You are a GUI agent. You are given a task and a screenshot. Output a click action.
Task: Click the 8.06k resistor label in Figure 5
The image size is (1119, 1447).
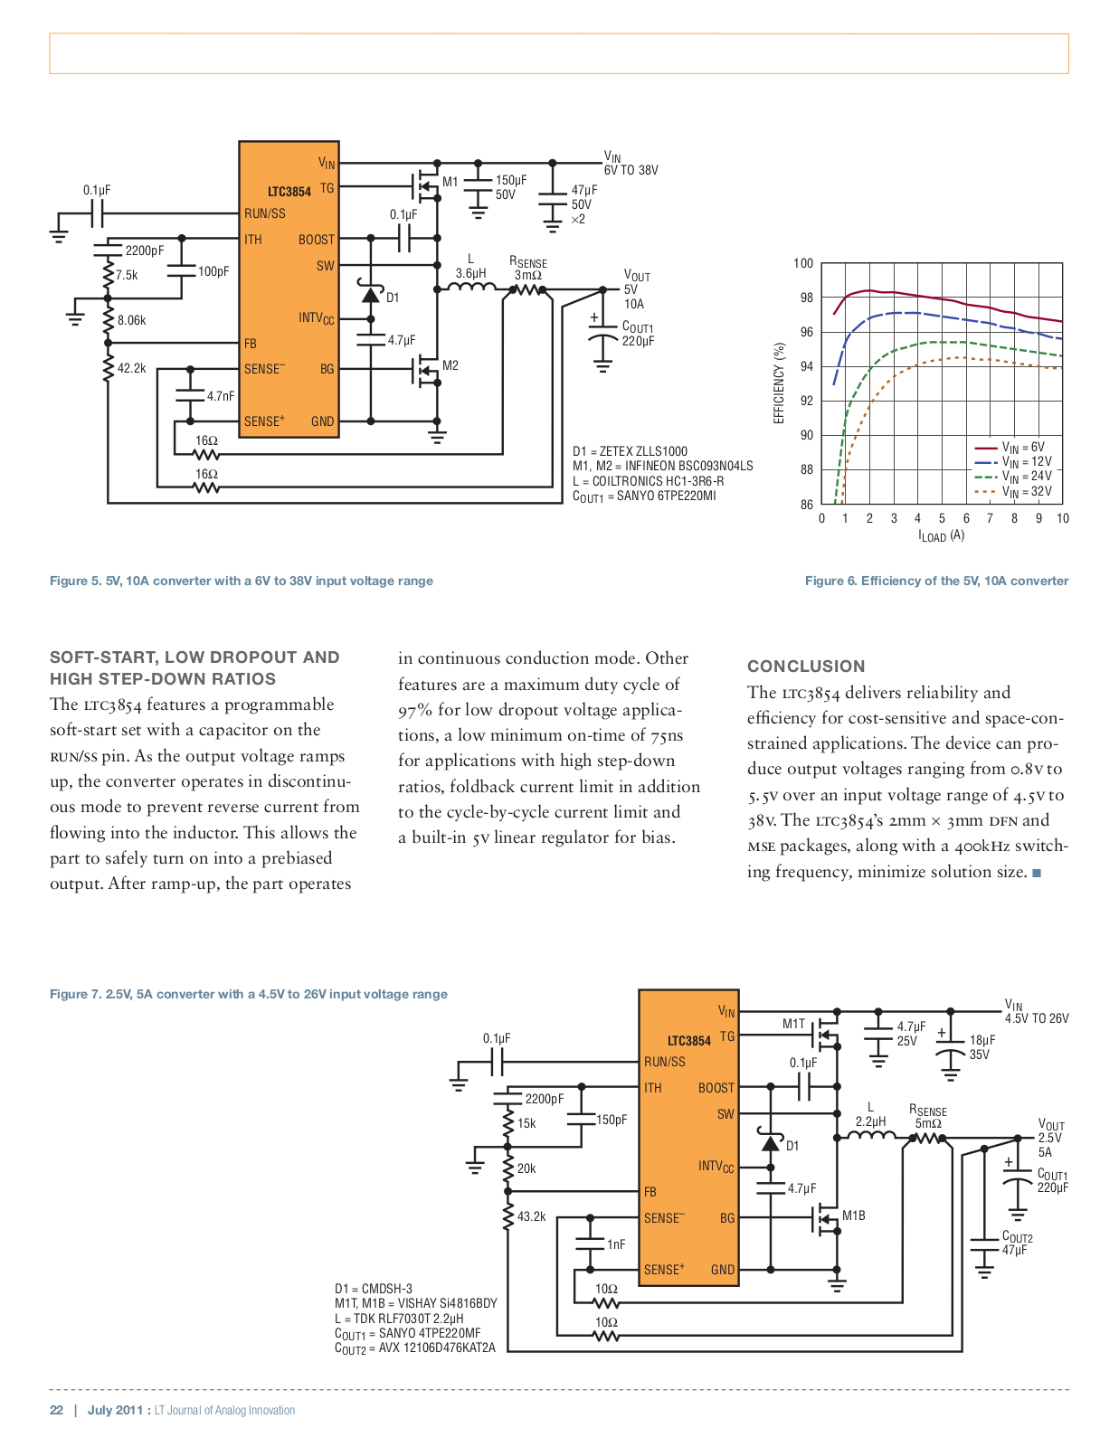(131, 320)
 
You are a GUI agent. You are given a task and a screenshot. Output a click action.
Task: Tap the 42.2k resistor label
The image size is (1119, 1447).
(131, 368)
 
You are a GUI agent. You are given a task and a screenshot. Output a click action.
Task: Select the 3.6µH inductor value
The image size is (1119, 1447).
(470, 273)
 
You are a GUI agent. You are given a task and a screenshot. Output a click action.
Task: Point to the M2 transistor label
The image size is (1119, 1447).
(450, 365)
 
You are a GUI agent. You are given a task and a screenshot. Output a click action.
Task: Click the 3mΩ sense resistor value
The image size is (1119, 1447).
(527, 275)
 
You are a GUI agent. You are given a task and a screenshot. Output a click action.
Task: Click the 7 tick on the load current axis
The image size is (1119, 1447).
(990, 518)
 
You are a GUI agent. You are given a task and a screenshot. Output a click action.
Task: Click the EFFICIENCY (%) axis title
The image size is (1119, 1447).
(779, 383)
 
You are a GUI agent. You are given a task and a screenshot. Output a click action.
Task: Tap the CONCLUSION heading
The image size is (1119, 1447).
(806, 667)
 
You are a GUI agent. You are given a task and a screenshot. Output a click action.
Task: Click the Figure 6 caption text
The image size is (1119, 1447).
(936, 581)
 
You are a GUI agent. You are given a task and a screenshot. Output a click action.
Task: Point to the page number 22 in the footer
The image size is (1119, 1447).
(56, 1410)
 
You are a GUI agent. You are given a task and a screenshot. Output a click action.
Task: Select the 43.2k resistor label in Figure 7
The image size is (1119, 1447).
(531, 1216)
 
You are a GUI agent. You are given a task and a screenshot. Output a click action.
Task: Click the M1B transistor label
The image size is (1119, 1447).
(853, 1215)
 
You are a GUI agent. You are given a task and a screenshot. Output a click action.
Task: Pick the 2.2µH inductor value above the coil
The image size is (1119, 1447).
(870, 1121)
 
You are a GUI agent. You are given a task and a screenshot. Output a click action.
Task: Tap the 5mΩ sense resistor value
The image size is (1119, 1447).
(928, 1123)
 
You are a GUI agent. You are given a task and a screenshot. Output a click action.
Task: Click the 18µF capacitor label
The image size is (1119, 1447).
(981, 1040)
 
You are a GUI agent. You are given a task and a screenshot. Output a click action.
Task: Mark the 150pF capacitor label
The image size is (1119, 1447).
(612, 1120)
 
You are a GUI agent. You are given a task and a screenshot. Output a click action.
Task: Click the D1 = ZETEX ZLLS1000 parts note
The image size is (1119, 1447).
(630, 451)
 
